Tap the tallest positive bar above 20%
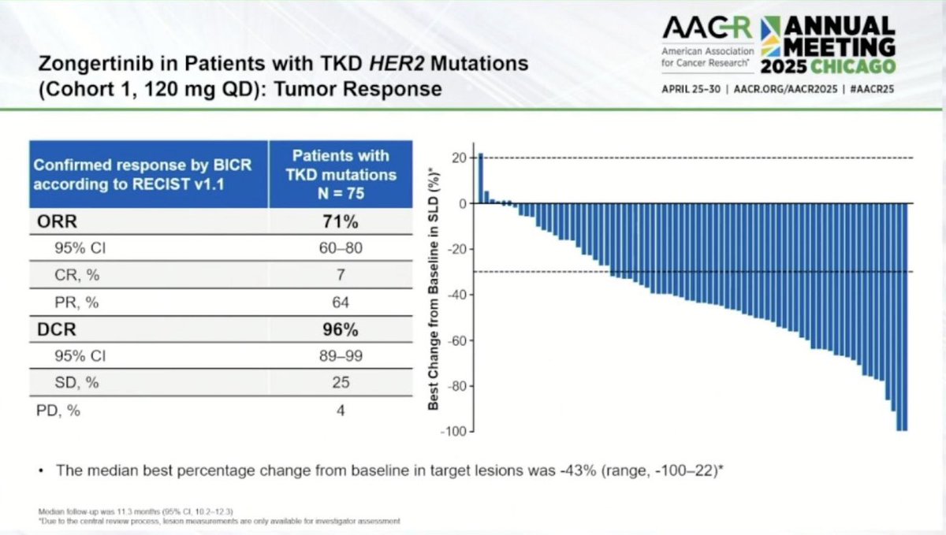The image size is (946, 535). [x=481, y=179]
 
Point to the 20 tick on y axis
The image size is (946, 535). [x=457, y=158]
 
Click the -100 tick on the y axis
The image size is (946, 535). [x=452, y=431]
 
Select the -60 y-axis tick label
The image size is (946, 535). [x=455, y=340]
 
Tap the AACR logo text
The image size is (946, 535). [x=706, y=29]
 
